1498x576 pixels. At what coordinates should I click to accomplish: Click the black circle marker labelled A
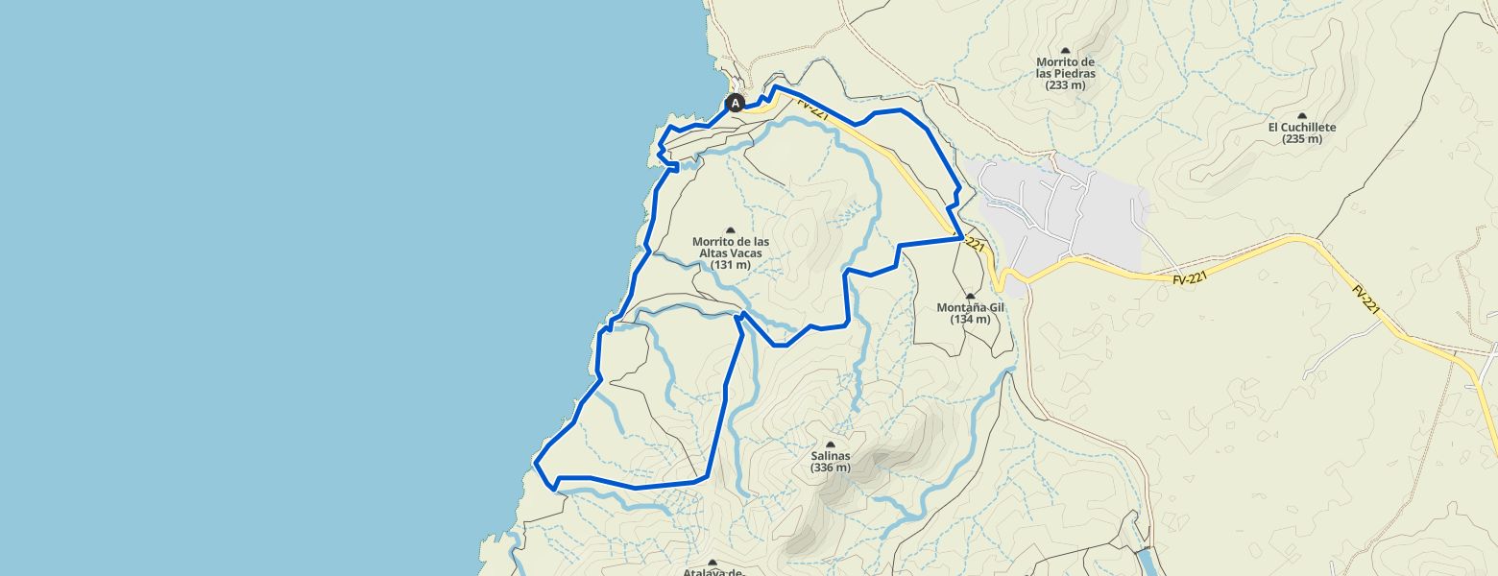click(736, 103)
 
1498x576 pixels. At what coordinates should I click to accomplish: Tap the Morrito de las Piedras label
click(1065, 68)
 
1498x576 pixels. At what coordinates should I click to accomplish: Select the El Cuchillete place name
click(1301, 127)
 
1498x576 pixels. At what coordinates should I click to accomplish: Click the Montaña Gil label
click(970, 307)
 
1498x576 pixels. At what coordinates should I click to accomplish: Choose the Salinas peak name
click(830, 456)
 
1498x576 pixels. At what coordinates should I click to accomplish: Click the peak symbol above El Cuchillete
click(1302, 115)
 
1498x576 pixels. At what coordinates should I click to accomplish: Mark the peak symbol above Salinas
click(830, 444)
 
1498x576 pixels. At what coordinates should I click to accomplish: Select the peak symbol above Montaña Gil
click(970, 296)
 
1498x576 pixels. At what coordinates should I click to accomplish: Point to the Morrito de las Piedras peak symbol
click(1065, 50)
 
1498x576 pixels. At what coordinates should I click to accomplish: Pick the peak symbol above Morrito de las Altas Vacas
click(730, 230)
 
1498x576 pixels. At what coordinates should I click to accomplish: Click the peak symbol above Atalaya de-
click(713, 563)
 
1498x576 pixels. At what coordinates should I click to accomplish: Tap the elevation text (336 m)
click(830, 468)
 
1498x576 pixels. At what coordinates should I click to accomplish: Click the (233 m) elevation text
click(1065, 84)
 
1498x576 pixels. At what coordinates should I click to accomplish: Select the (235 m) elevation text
click(1301, 139)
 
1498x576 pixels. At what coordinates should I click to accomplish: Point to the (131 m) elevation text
click(730, 265)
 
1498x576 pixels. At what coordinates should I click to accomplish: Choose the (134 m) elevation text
click(970, 320)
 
